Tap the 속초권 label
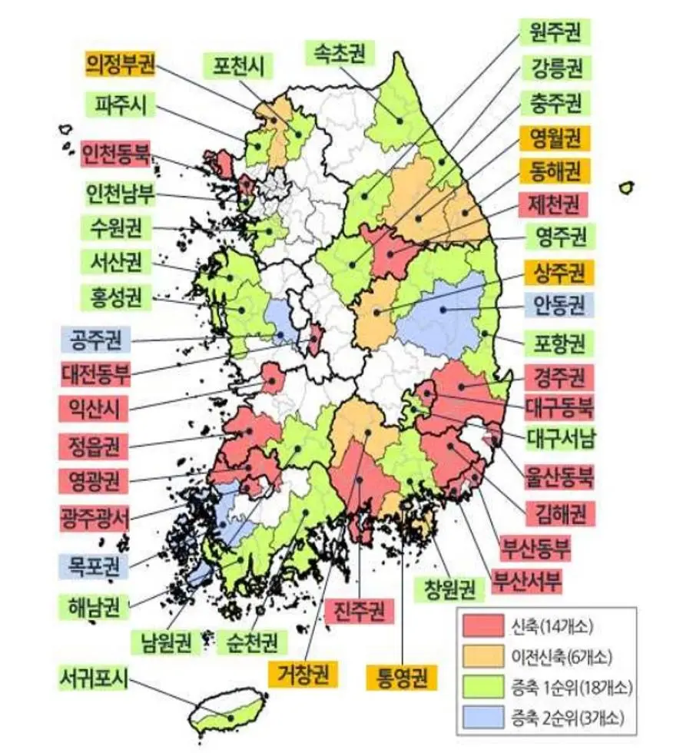[339, 53]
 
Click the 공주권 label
[96, 337]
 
